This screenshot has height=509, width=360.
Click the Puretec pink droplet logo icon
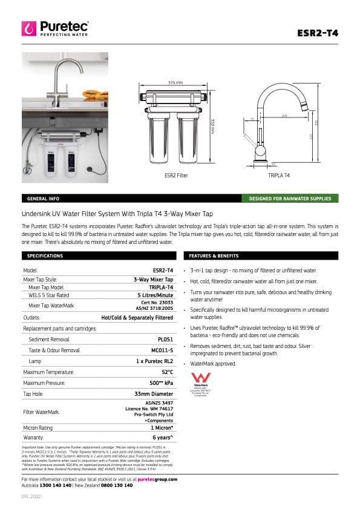coord(29,28)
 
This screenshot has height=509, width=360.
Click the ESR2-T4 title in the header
coord(318,33)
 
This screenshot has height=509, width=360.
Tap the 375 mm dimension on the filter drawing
coord(175,82)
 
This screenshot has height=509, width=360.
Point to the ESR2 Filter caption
coord(175,175)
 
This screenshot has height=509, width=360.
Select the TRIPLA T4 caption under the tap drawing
coord(279,175)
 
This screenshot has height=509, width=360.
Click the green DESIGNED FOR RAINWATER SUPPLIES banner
coord(290,199)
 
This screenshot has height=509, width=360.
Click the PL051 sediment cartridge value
coord(165,340)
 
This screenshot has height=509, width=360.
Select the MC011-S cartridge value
coord(162,350)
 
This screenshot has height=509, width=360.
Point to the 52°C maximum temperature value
coord(167,372)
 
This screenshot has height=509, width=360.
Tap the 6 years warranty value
coord(163,436)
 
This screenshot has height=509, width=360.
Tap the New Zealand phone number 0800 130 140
coord(116,485)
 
